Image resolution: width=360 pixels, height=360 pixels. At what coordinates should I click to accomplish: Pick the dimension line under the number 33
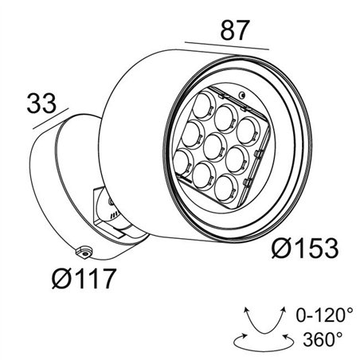tap(49, 119)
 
